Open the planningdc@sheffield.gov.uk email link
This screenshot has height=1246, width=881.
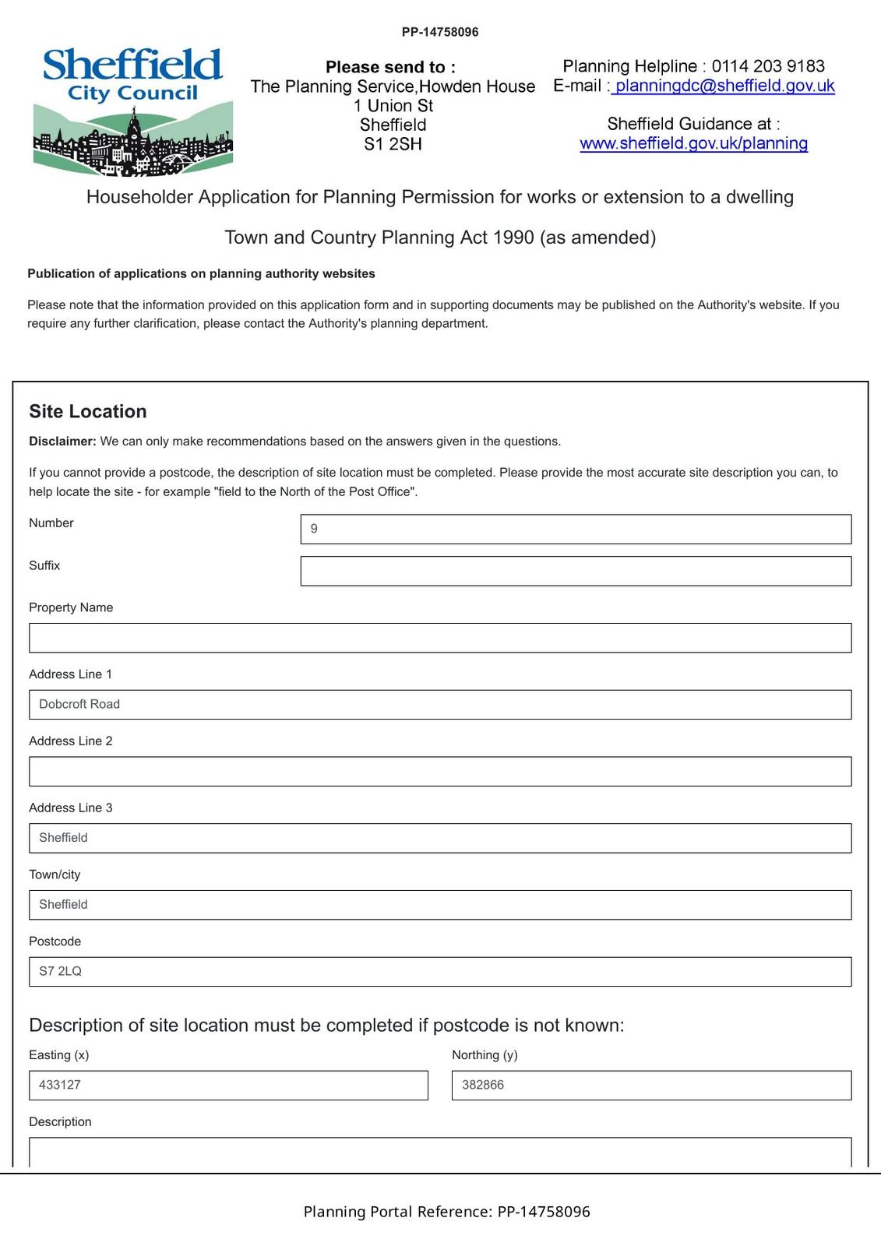click(724, 86)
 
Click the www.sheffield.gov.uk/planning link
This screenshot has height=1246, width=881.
click(693, 144)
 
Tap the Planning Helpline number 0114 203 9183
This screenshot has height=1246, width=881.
click(767, 66)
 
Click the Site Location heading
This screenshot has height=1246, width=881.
click(88, 412)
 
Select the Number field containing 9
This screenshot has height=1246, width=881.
click(576, 530)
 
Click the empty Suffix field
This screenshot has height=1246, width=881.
click(576, 572)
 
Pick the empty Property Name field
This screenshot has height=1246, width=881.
click(440, 638)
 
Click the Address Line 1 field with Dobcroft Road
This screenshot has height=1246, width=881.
click(440, 705)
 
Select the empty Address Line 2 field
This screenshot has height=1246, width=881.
click(440, 772)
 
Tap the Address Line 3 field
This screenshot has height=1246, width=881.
click(440, 839)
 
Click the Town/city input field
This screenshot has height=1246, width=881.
click(440, 905)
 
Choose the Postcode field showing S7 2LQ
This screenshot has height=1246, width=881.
click(440, 972)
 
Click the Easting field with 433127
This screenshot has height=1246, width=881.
click(228, 1086)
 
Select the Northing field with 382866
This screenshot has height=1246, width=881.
click(651, 1086)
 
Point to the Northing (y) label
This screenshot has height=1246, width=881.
click(485, 1055)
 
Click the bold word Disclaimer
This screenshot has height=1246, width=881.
click(62, 442)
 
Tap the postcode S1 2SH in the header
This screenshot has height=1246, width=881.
click(393, 144)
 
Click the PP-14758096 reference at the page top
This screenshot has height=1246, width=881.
click(440, 33)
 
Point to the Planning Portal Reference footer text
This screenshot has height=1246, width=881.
click(446, 1212)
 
